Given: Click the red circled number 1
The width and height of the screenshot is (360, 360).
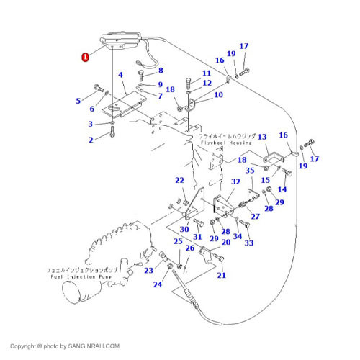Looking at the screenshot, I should (86, 56).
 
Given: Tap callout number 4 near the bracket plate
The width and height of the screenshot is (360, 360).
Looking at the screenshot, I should (120, 75).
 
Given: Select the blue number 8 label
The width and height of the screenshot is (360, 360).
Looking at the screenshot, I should (160, 71).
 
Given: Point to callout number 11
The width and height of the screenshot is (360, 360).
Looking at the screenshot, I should (206, 73).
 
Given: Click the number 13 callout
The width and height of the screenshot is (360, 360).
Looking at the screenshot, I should (262, 136).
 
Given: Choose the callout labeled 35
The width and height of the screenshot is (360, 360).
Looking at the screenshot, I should (250, 171).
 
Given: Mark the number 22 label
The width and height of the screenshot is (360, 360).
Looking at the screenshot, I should (179, 180).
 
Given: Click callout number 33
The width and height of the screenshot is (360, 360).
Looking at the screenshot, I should (249, 243).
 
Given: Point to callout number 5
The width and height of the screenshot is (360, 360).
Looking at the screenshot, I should (78, 101).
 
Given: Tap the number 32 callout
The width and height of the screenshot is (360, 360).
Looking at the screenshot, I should (235, 183).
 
